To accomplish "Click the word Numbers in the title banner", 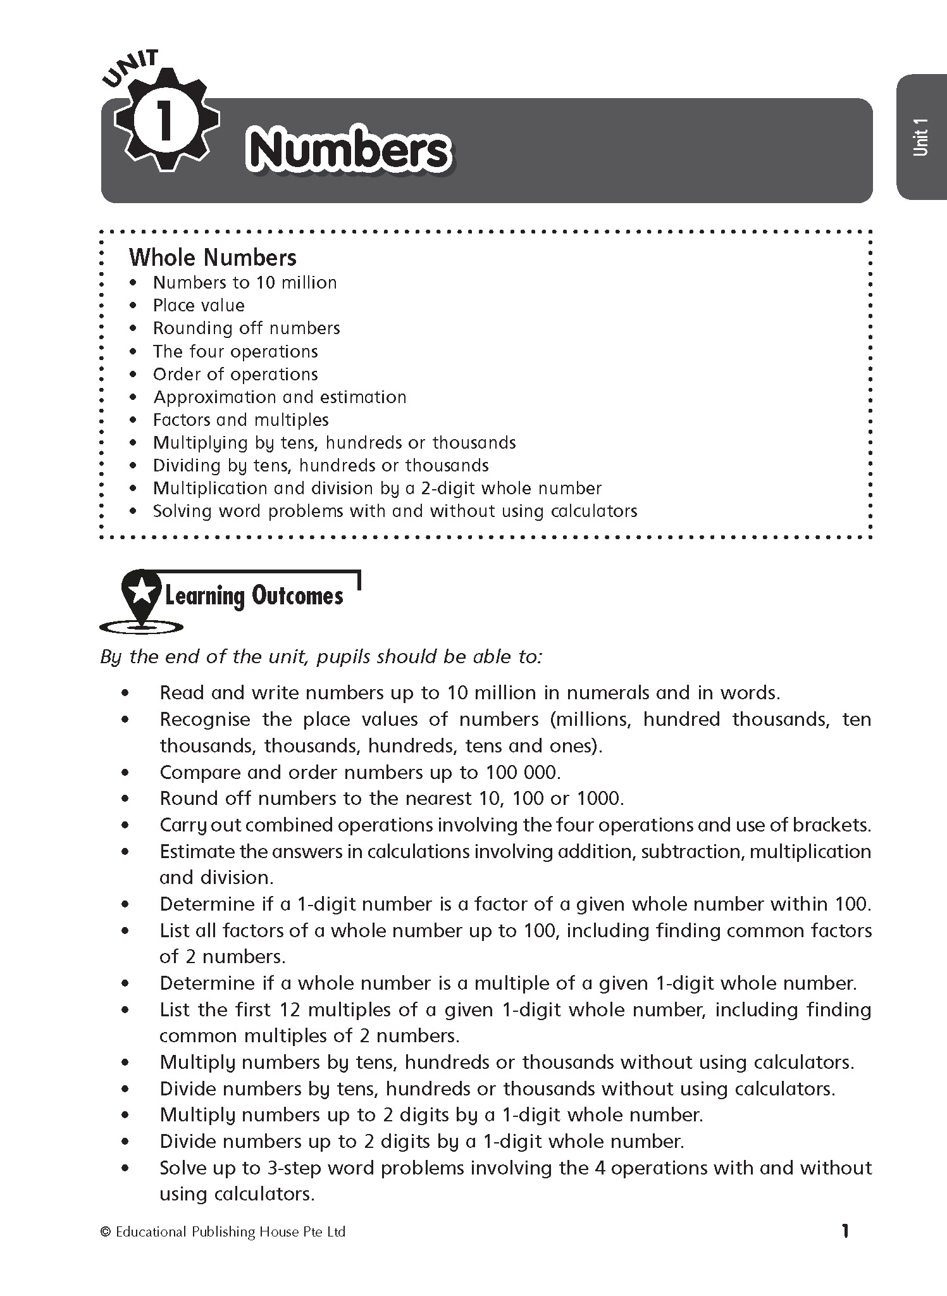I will click(349, 151).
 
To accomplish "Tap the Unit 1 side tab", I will click(920, 136).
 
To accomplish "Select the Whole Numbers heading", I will click(213, 258).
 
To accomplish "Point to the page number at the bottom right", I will click(845, 1231).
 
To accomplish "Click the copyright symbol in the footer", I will click(106, 1232).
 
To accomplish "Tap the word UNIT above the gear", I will click(131, 68).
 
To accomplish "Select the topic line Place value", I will click(199, 306).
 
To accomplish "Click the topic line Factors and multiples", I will click(241, 420).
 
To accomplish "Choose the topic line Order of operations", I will click(235, 375).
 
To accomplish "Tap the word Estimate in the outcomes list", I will click(198, 852).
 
